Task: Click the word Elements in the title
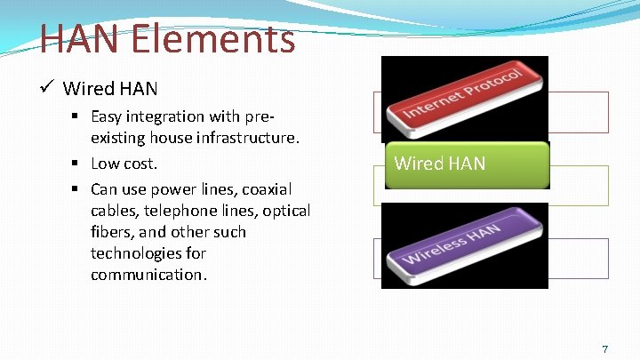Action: [210, 39]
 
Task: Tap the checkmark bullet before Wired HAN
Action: [48, 87]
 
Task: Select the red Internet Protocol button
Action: [464, 99]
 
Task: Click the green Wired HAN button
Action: [467, 164]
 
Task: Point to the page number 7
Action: [605, 349]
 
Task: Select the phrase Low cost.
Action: [124, 164]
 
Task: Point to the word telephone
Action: [187, 211]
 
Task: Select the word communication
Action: [148, 275]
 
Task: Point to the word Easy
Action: [107, 116]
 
